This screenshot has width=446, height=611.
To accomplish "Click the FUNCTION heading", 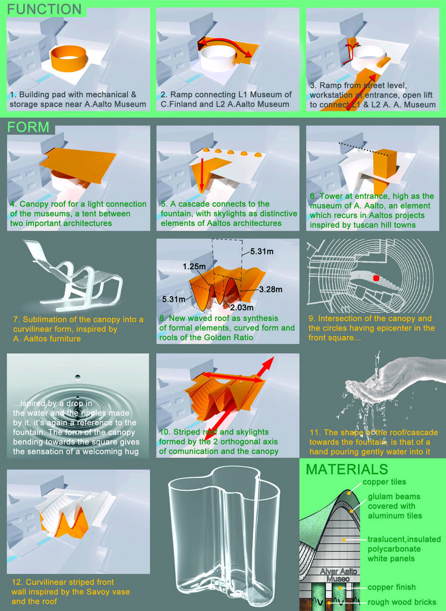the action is (44, 9).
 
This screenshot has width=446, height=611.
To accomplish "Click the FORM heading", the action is (28, 127).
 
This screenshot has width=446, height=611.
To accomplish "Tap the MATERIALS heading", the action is (347, 469).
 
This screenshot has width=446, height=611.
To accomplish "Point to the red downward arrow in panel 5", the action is (201, 174).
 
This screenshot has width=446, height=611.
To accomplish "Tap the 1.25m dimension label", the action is (194, 266).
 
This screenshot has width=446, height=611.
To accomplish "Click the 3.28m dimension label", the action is (271, 289).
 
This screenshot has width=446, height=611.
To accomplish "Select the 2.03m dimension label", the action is (242, 307).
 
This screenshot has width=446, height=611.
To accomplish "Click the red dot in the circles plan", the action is (376, 278).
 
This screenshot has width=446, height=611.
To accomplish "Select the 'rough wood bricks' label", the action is (402, 602).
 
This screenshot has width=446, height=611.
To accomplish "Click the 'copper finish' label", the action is (392, 587).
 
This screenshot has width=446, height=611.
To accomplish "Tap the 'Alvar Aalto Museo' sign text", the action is (338, 575).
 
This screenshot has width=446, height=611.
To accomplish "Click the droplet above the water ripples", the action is (78, 377).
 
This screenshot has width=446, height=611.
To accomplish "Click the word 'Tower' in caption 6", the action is (332, 196).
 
